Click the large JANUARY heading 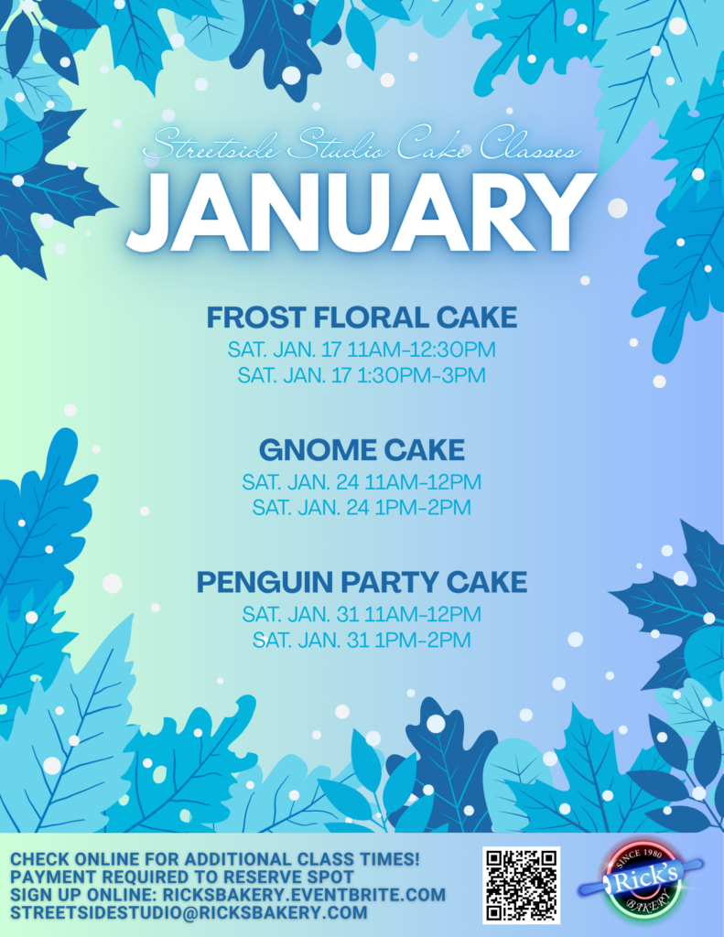click(x=362, y=213)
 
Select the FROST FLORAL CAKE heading click(x=362, y=318)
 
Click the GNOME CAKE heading click(x=362, y=450)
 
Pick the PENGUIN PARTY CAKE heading click(x=362, y=582)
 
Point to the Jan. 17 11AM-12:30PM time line click(x=362, y=350)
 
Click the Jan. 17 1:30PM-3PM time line click(x=362, y=375)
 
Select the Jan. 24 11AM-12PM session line click(x=362, y=481)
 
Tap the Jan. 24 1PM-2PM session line click(x=362, y=508)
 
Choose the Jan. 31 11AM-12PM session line click(x=362, y=614)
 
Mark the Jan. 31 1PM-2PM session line click(x=362, y=640)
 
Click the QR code click(x=522, y=885)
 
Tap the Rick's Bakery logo click(x=641, y=879)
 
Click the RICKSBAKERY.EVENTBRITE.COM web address click(x=304, y=895)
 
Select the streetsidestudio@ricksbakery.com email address click(x=189, y=913)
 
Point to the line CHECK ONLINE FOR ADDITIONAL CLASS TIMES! click(x=215, y=859)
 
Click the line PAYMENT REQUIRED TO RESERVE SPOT click(x=182, y=878)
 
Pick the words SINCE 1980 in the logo click(x=639, y=855)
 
